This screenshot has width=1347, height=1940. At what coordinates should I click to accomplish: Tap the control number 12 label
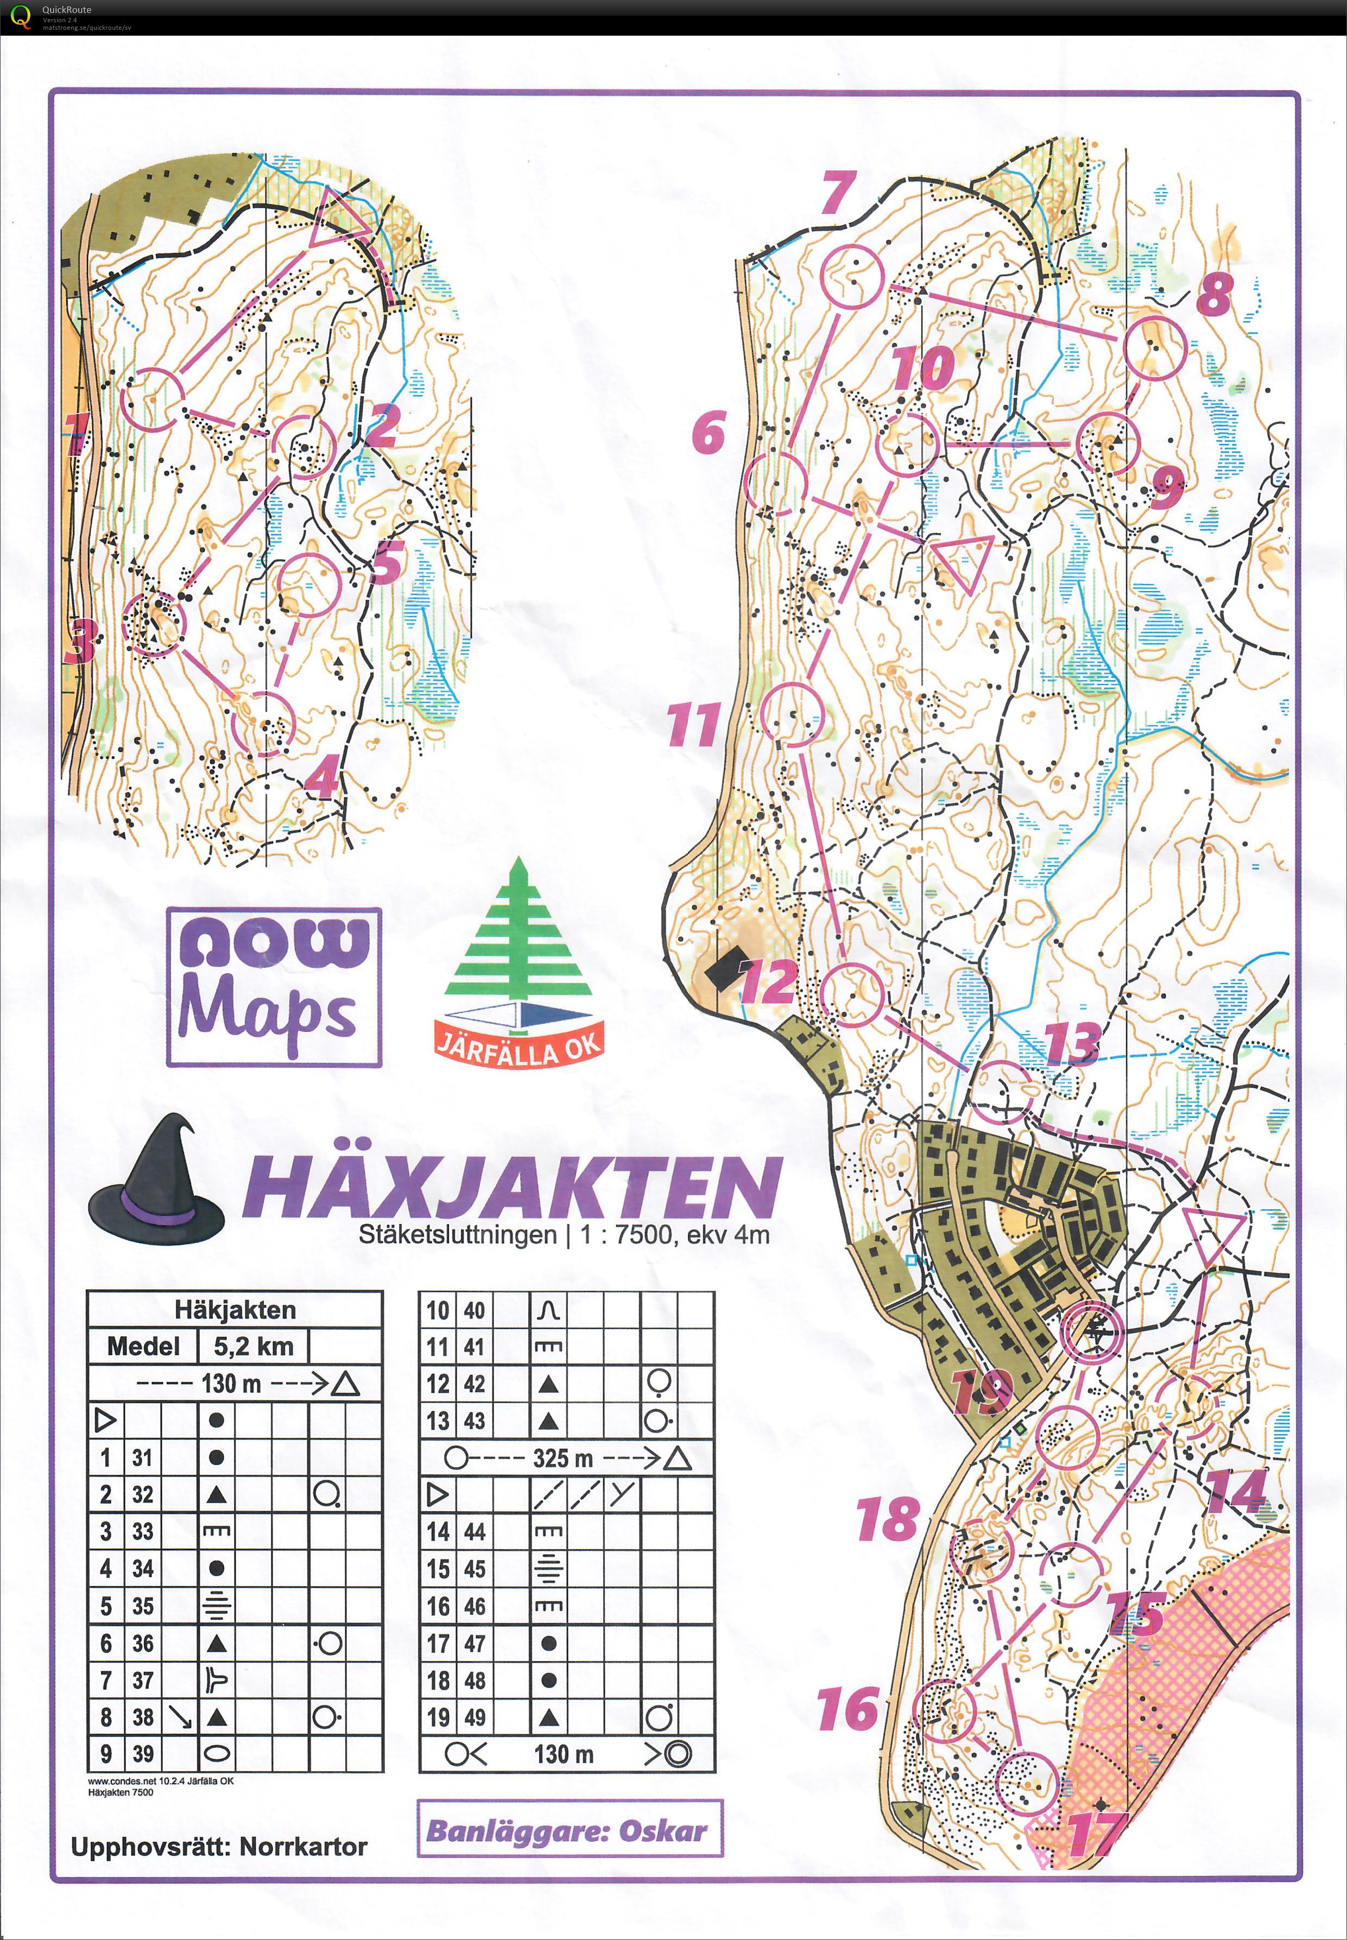(768, 980)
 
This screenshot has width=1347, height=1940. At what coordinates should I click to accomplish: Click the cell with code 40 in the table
(475, 1310)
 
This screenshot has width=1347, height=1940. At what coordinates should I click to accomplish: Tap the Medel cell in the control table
(143, 1346)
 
